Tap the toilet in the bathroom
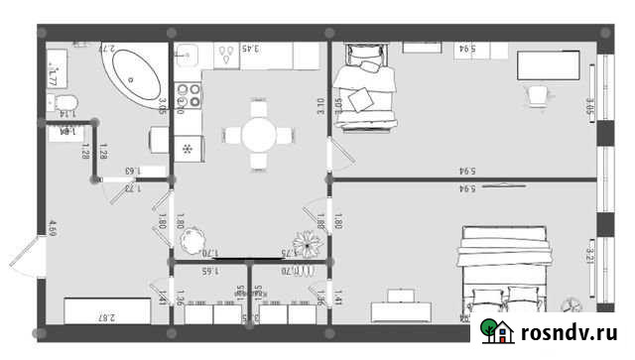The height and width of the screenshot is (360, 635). pos(65,102)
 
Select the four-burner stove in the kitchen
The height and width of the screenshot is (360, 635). pos(188,94)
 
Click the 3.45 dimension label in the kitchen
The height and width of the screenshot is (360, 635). pos(251,48)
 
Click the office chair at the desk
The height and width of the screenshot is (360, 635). pos(538,92)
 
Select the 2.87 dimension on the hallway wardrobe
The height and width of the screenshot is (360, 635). pos(105,317)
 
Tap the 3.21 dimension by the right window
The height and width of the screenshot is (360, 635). pos(590,260)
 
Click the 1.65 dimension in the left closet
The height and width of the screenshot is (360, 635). pos(209,270)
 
